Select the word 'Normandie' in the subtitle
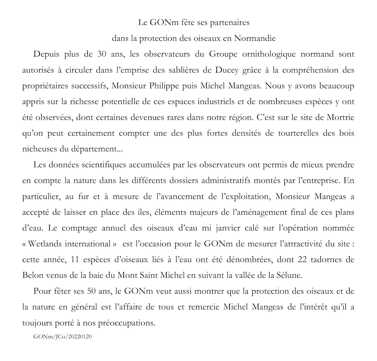(255, 38)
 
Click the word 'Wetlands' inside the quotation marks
(45, 244)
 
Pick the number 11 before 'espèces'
(75, 260)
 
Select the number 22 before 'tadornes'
(302, 260)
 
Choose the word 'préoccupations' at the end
(128, 323)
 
